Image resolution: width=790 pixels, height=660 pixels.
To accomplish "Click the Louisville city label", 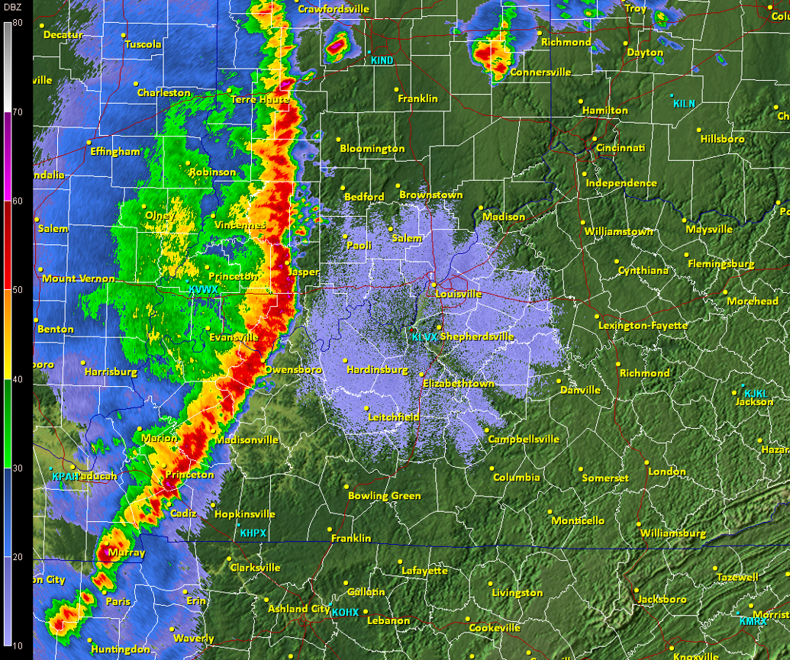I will coord(459,294).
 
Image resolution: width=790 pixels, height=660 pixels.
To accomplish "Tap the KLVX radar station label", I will coord(425,336).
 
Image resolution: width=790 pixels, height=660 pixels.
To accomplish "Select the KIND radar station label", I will coord(382,60).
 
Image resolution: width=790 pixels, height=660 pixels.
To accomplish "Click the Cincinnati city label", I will coord(621,147).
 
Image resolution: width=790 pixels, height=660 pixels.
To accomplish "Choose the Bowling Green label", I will coord(384,496).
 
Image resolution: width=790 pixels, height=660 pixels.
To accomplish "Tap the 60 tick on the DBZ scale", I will coord(17,201).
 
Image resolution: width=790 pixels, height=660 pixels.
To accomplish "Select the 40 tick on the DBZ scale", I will coord(17,379).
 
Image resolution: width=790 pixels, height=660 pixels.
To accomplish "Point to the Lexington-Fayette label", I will coord(643,325).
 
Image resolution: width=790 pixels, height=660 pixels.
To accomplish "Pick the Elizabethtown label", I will coord(458,384).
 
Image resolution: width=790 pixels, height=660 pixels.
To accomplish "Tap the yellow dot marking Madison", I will coord(481,208).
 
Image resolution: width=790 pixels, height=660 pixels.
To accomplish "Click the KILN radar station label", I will coord(684,104).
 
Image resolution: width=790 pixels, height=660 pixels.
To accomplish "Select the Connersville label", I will coord(540,72).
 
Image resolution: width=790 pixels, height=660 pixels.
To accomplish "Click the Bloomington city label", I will coord(372,148).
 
